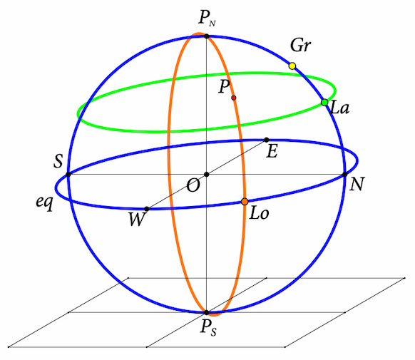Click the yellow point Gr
click(x=292, y=66)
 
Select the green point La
click(x=324, y=103)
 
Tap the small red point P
click(x=233, y=98)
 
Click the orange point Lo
click(x=245, y=202)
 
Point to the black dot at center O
click(x=207, y=175)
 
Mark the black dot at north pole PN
click(x=207, y=36)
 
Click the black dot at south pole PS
click(x=207, y=313)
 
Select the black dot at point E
click(x=267, y=140)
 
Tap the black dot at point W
click(x=147, y=209)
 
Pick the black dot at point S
click(x=68, y=175)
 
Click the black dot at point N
click(x=344, y=175)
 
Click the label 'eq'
click(x=45, y=203)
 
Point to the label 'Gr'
click(x=300, y=45)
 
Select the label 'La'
click(x=339, y=108)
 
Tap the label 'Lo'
click(x=259, y=213)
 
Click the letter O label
click(x=193, y=185)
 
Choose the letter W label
click(x=138, y=220)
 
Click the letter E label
click(x=272, y=151)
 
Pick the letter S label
click(x=58, y=161)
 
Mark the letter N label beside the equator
click(x=357, y=184)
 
